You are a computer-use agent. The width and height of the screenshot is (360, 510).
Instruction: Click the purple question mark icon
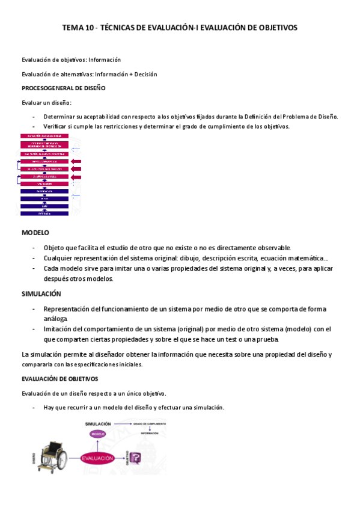pos(136,459)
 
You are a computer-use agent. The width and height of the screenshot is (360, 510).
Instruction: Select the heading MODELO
pos(35,232)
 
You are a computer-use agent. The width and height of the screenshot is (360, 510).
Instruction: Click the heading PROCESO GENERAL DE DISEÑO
pos(64,88)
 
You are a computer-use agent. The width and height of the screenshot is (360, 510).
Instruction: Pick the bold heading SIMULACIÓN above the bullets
pos(41,294)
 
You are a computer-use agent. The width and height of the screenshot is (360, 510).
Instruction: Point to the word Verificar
pos(56,126)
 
